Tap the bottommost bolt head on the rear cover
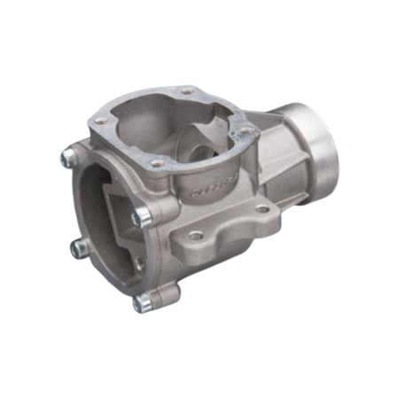click(x=142, y=303)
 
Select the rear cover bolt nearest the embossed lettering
click(x=141, y=216)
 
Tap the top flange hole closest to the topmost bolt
click(x=101, y=119)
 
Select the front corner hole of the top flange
click(x=156, y=163)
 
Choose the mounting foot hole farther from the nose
click(x=193, y=239)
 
